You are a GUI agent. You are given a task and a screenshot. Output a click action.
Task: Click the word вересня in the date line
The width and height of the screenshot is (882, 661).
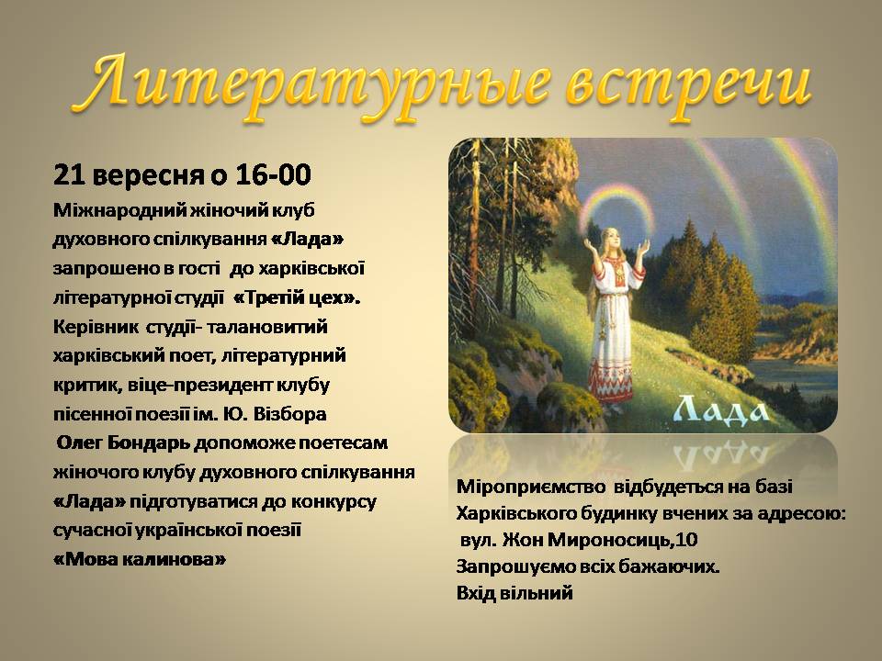click(x=148, y=176)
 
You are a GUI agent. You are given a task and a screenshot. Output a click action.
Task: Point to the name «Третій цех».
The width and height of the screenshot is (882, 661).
click(x=297, y=297)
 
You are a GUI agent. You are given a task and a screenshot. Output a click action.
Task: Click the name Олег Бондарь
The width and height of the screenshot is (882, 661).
click(x=124, y=443)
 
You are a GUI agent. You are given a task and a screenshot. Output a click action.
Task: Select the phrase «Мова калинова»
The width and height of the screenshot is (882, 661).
click(x=140, y=559)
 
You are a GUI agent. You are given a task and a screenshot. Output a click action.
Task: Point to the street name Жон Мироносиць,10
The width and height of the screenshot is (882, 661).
click(x=600, y=540)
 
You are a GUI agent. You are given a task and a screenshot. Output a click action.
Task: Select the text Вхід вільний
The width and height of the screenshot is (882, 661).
click(x=514, y=593)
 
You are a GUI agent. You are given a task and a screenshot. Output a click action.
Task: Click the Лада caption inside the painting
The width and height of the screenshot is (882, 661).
click(x=721, y=409)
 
